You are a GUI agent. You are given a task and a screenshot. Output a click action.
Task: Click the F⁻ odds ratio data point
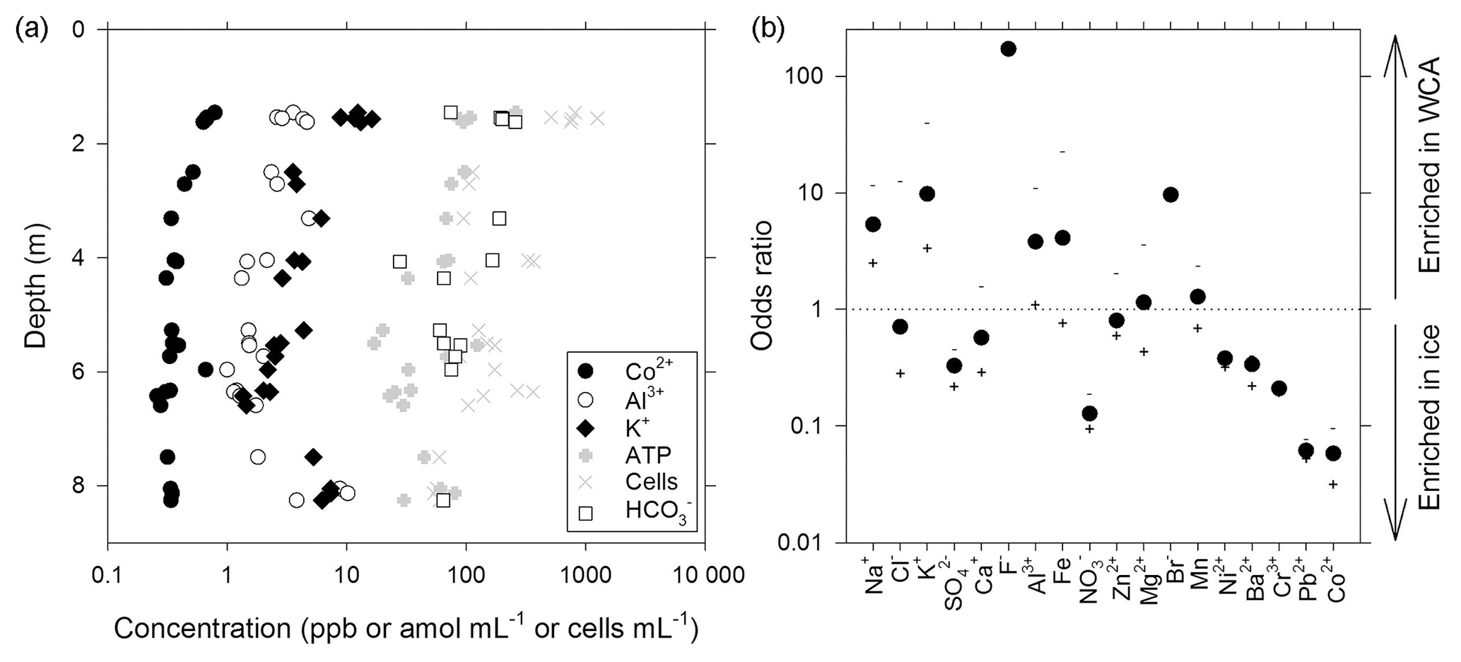[x=1008, y=49]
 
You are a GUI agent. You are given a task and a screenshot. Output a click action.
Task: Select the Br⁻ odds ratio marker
[x=1170, y=194]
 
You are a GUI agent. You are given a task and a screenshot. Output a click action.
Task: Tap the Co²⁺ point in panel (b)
[x=1333, y=454]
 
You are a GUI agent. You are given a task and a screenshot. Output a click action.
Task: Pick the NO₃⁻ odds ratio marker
[x=1089, y=413]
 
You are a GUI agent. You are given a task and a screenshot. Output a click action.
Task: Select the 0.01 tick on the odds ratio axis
[x=797, y=543]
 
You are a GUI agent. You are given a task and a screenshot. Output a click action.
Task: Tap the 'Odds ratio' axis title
[x=762, y=285]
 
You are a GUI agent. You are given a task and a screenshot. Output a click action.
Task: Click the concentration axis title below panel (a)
[x=406, y=629]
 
